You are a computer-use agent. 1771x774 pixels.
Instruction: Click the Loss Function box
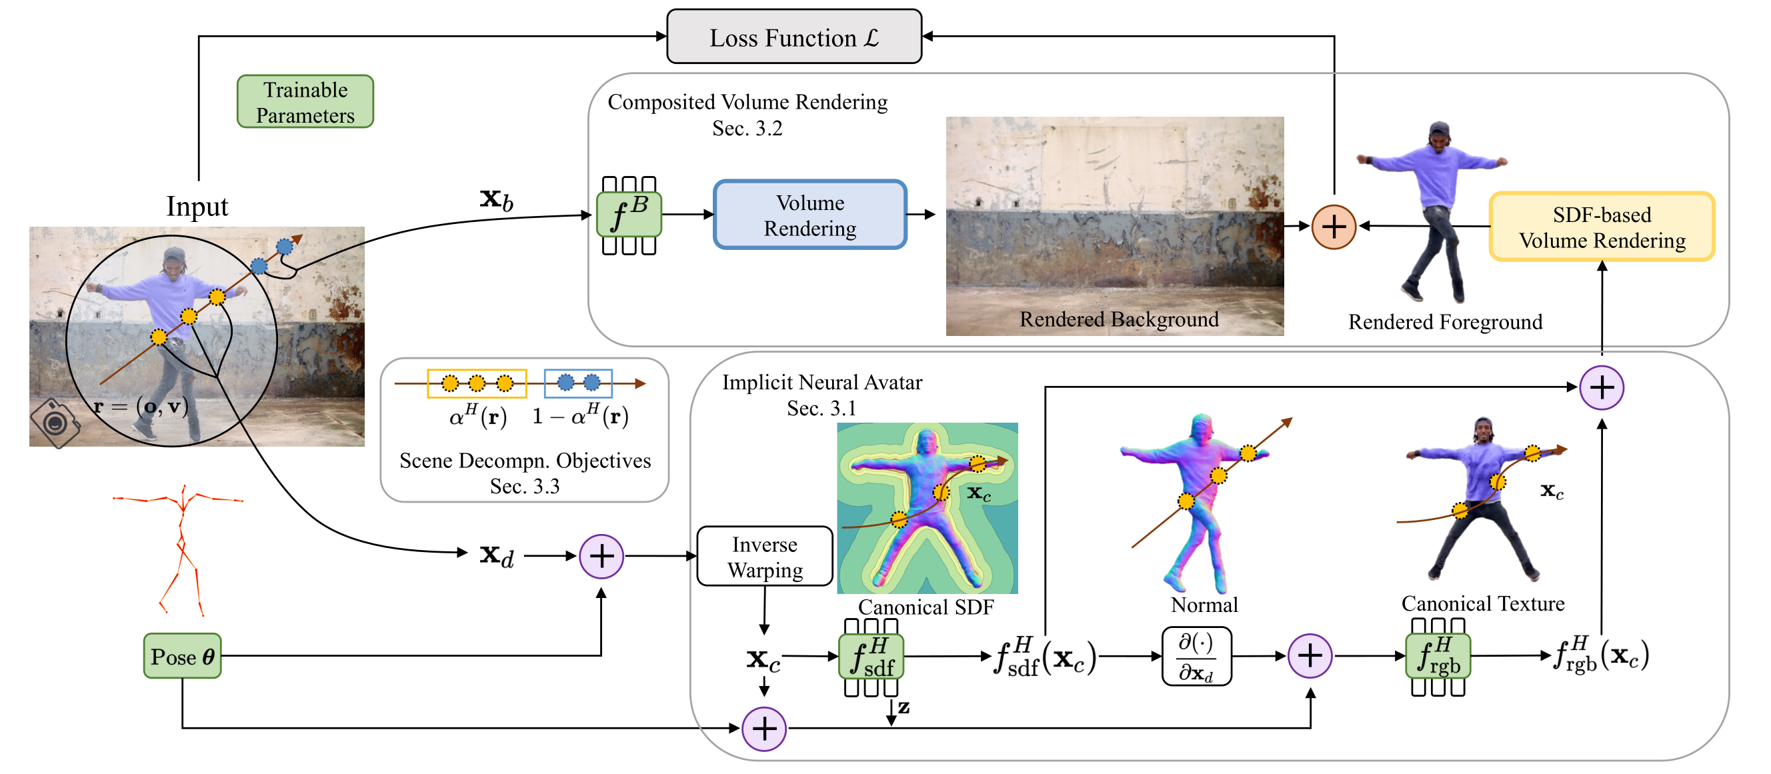pos(793,37)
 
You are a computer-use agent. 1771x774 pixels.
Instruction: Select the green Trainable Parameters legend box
pos(305,102)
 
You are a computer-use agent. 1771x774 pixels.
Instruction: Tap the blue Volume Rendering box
pos(810,215)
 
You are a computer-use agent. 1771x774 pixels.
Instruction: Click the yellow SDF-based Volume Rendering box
pos(1601,227)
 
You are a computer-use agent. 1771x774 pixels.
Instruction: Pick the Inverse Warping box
pos(765,557)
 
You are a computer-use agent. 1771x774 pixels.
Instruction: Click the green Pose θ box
pos(182,657)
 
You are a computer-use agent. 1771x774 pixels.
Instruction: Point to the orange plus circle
pos(1333,227)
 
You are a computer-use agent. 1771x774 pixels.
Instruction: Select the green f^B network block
pos(628,215)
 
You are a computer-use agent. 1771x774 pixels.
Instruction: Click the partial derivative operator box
pos(1196,657)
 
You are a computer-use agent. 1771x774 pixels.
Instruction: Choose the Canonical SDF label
pos(926,607)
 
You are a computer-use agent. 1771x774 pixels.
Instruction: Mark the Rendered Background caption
pos(1119,319)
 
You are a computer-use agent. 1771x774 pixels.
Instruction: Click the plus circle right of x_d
pos(601,556)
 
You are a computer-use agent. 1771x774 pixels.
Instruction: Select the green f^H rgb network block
pos(1438,657)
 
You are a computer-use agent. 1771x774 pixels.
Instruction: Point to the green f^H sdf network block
pos(870,657)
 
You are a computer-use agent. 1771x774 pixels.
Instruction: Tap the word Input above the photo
pos(197,206)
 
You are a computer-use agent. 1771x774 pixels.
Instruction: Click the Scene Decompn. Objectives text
pos(525,461)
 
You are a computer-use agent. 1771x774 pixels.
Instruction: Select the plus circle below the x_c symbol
pos(764,729)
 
